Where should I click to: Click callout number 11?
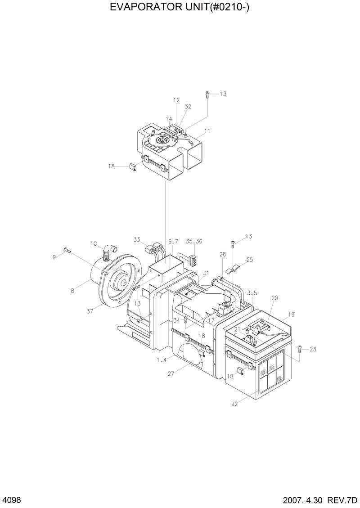tap(207, 131)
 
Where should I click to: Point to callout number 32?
tap(188, 107)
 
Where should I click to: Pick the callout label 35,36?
tap(194, 241)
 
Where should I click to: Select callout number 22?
tap(234, 404)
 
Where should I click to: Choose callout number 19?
tap(292, 315)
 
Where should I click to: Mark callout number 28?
tap(222, 255)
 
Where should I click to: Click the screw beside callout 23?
tap(300, 348)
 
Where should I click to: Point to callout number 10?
tap(94, 244)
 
